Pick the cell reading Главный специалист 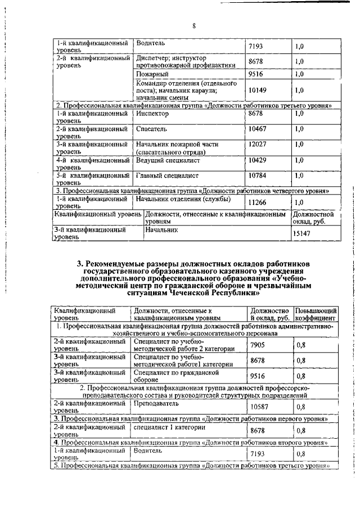pos(167,175)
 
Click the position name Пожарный pos(153,74)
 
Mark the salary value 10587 pos(259,406)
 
